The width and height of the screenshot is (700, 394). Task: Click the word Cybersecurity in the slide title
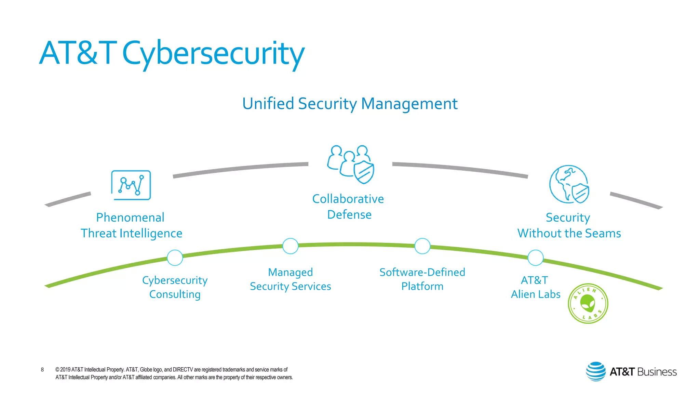pyautogui.click(x=213, y=54)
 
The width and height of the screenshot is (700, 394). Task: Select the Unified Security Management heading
pyautogui.click(x=350, y=104)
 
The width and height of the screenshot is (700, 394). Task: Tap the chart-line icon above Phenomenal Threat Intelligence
pyautogui.click(x=131, y=185)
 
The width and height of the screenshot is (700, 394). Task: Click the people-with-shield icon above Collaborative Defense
pyautogui.click(x=351, y=164)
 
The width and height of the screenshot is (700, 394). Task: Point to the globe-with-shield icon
pyautogui.click(x=569, y=184)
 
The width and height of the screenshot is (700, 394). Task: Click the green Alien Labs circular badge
pyautogui.click(x=588, y=303)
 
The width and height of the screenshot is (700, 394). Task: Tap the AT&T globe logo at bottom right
pyautogui.click(x=596, y=371)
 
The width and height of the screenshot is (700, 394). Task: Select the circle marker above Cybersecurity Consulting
pyautogui.click(x=175, y=258)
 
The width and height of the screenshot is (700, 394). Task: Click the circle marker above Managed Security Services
pyautogui.click(x=291, y=246)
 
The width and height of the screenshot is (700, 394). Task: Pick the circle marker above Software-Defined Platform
pyautogui.click(x=422, y=246)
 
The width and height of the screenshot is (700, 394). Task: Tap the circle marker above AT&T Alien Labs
pyautogui.click(x=536, y=258)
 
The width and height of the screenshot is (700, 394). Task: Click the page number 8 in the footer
pyautogui.click(x=42, y=369)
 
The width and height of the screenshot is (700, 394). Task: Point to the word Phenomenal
pyautogui.click(x=130, y=218)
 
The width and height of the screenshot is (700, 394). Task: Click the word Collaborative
pyautogui.click(x=348, y=199)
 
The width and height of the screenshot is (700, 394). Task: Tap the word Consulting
pyautogui.click(x=175, y=294)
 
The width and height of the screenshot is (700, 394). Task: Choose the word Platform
pyautogui.click(x=422, y=286)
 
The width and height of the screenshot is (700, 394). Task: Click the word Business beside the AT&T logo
pyautogui.click(x=657, y=372)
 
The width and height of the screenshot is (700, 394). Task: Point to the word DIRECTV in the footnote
pyautogui.click(x=183, y=369)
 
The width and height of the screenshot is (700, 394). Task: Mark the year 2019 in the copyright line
pyautogui.click(x=65, y=369)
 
